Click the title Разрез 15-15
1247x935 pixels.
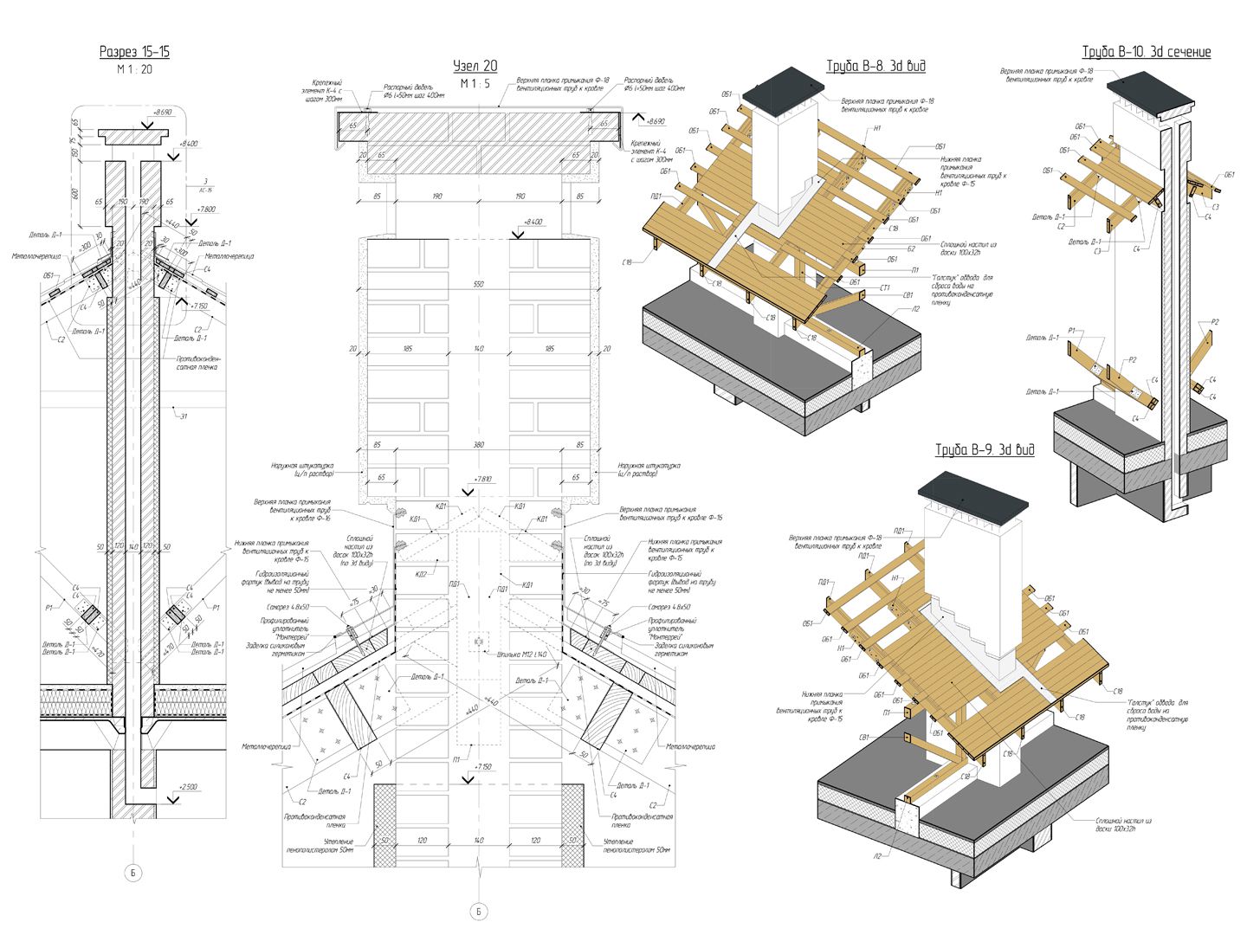tap(134, 52)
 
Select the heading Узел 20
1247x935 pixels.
tap(475, 66)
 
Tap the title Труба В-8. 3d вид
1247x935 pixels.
tap(875, 66)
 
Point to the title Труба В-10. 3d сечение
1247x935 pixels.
tap(1147, 52)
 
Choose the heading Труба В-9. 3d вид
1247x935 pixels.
tap(985, 449)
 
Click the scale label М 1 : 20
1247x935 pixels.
tap(134, 69)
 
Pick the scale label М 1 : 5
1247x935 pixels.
tap(475, 83)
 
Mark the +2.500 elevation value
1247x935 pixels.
tap(188, 787)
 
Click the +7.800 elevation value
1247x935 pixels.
tap(206, 209)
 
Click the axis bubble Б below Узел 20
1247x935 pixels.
tap(478, 912)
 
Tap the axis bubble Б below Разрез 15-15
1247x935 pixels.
tap(133, 873)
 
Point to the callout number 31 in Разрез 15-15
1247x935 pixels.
tap(183, 416)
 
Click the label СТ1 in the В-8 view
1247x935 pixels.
tap(885, 287)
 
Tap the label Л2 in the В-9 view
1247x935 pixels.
tap(876, 855)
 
